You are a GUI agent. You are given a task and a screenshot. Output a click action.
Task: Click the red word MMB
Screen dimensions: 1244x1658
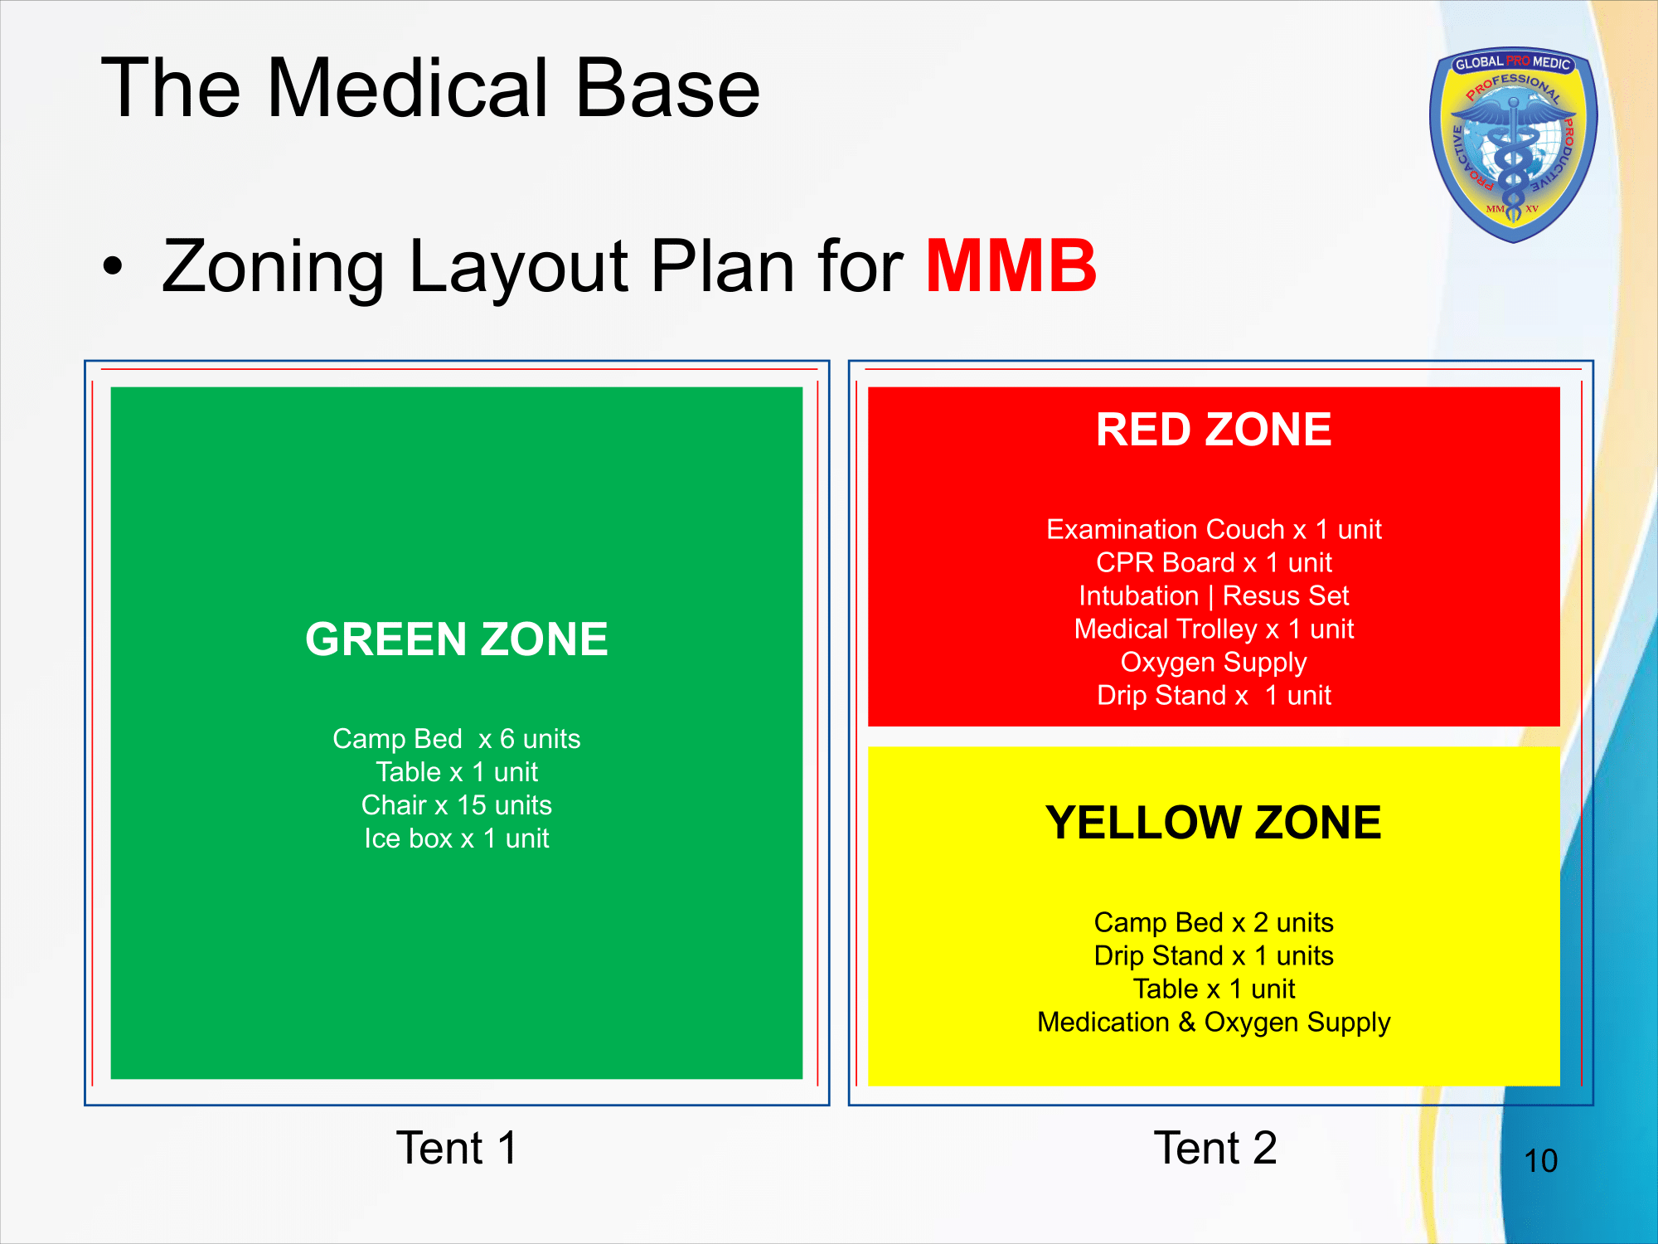[x=1011, y=266]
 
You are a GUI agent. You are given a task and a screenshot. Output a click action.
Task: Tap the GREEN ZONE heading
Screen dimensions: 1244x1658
[x=457, y=639]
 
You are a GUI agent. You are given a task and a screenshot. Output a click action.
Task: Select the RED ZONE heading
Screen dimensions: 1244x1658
[x=1214, y=430]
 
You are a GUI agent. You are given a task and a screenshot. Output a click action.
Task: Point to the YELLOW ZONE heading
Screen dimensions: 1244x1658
[x=1214, y=823]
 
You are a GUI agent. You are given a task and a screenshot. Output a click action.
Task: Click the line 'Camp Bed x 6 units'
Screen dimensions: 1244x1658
[x=457, y=738]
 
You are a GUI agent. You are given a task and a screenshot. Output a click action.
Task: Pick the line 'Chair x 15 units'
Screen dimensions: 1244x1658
[x=457, y=804]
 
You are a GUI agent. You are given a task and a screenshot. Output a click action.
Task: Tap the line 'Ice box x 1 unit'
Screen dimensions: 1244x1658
[x=457, y=838]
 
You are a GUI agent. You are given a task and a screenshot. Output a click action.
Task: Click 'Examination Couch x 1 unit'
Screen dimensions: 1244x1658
[x=1214, y=529]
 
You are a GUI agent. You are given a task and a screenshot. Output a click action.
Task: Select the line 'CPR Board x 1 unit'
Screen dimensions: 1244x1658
[x=1214, y=562]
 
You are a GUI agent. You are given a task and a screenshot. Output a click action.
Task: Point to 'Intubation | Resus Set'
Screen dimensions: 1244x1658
[x=1214, y=595]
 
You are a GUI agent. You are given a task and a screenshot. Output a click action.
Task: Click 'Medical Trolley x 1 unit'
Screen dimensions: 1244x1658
[x=1214, y=629]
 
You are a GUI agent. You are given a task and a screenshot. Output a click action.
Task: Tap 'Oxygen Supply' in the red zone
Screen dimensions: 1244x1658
[x=1214, y=662]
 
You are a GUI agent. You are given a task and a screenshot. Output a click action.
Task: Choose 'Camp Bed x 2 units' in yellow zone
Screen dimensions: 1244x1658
[x=1214, y=922]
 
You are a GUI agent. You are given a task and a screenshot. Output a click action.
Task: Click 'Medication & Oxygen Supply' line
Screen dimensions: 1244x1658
[x=1214, y=1022]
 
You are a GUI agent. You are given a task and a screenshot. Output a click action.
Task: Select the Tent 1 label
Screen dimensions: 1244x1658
[x=457, y=1148]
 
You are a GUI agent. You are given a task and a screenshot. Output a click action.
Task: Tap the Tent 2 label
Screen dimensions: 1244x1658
[x=1215, y=1148]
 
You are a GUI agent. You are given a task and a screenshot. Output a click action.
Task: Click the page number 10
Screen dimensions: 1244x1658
[x=1541, y=1161]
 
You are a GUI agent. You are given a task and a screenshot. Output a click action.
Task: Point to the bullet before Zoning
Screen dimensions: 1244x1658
[x=113, y=267]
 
